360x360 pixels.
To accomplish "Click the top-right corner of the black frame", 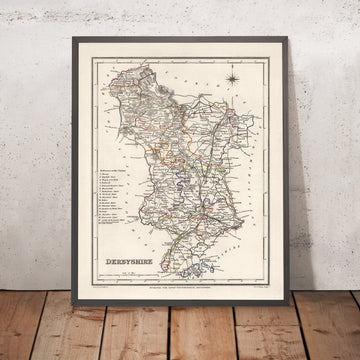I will point(288,39).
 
